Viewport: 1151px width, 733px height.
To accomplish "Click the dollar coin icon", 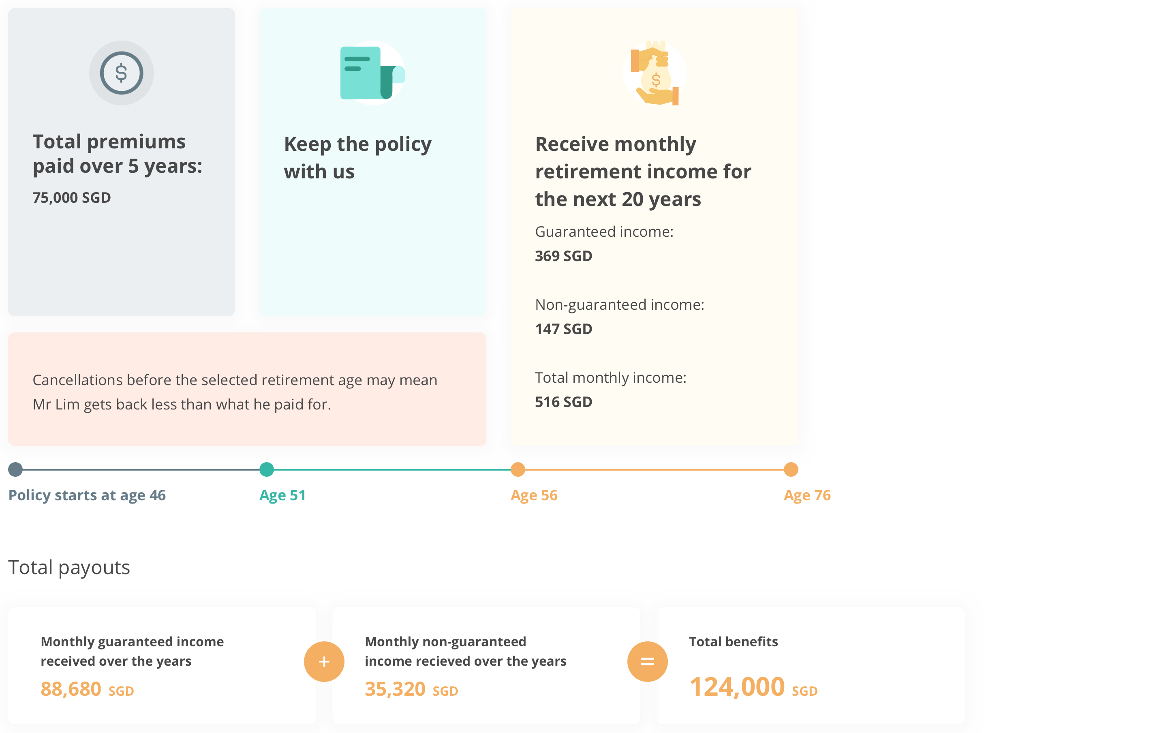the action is coord(122,73).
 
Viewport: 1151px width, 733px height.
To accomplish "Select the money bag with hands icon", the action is coord(655,73).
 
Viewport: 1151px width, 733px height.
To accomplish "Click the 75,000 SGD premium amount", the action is coord(72,197).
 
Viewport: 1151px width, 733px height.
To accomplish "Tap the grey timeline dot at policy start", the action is coord(15,469).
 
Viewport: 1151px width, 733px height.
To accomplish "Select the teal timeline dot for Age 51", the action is coord(267,469).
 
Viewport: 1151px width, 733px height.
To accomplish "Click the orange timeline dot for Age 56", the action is coord(518,469).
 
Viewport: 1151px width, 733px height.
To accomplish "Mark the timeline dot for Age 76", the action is coord(791,469).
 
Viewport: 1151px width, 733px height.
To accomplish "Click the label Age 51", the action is coord(282,495).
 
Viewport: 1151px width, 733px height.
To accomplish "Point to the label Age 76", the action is coord(807,495).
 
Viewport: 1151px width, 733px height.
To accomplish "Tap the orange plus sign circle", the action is coord(324,661).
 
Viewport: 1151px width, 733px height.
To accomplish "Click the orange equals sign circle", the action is coord(648,661).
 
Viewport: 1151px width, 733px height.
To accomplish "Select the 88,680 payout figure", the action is coord(71,689).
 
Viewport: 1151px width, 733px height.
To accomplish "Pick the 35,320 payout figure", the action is coord(395,689).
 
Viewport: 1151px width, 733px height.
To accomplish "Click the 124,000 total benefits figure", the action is coord(737,687).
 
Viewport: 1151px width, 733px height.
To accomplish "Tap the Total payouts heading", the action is coord(69,568).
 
